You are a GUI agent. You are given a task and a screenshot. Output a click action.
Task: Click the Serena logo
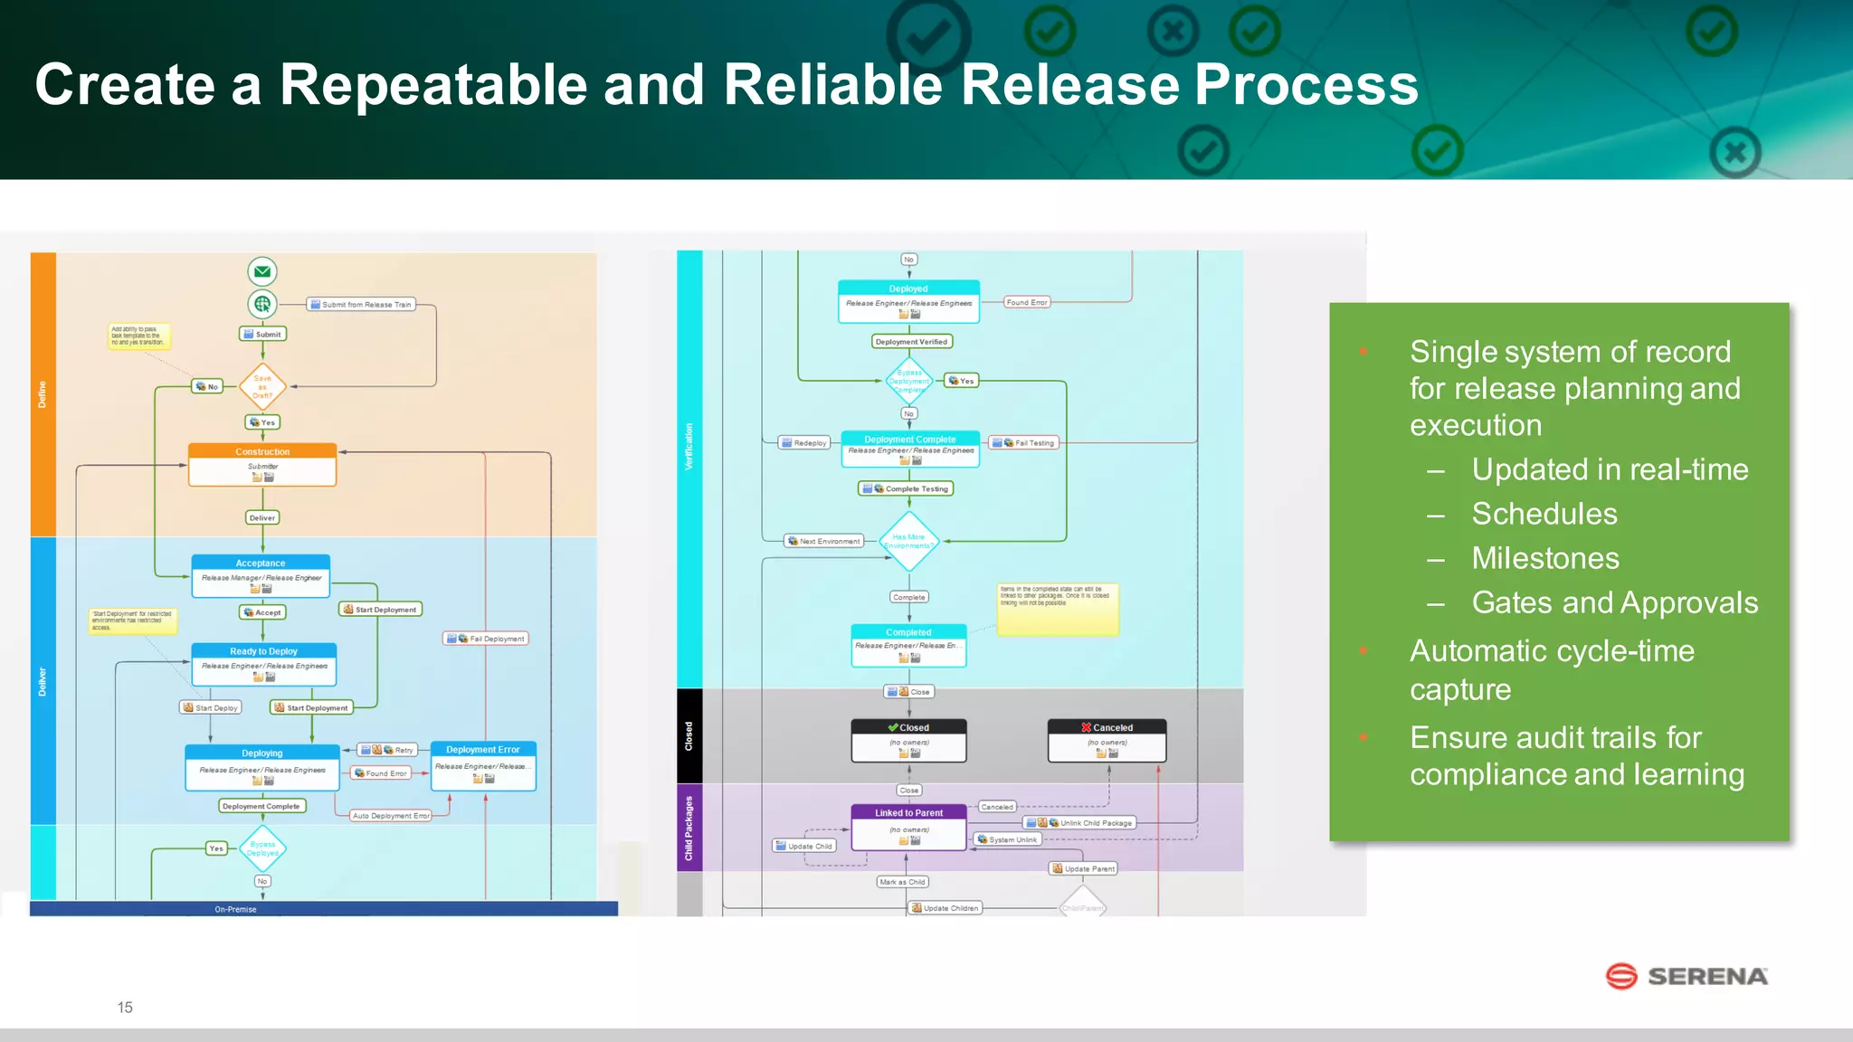1686,976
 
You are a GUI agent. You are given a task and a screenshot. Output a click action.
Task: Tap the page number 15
125,1007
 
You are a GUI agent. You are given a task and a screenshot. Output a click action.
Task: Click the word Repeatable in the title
433,85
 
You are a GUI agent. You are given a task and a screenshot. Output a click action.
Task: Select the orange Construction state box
262,464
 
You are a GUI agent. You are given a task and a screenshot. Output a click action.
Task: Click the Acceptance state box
261,576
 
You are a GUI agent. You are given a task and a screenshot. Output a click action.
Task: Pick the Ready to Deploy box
263,664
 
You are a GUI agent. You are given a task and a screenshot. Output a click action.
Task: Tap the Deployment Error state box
483,765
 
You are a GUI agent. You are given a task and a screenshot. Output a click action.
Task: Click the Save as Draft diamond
262,386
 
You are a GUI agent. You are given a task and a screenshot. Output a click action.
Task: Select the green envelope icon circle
262,271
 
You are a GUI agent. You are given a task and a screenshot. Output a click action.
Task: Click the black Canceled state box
1107,740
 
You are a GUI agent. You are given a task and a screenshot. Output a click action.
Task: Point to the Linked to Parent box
908,827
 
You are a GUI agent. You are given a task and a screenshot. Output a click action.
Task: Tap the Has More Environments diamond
908,541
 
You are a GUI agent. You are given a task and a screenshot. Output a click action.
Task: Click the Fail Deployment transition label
485,639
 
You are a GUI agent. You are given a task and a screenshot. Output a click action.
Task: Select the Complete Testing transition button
906,488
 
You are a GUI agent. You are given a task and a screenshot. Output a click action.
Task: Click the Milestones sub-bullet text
1544,558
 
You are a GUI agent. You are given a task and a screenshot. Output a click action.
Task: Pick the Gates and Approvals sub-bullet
1614,602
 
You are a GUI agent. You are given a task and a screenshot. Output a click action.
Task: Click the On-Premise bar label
235,909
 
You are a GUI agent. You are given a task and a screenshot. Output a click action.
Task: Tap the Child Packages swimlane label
689,828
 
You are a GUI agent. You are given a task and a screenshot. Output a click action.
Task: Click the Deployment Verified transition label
911,342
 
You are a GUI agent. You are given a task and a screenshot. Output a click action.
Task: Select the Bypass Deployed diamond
262,848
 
